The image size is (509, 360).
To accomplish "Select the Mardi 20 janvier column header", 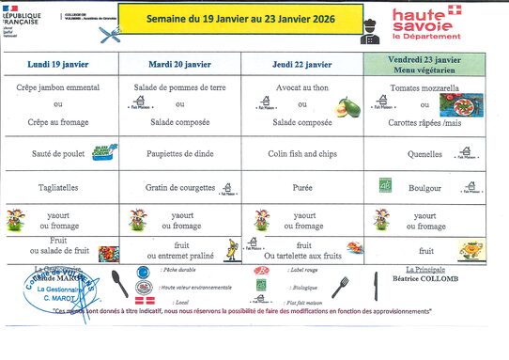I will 179,64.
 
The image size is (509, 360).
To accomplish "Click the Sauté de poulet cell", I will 58,153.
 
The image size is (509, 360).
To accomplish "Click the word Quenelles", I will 424,153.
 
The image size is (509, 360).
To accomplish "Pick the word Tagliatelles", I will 57,188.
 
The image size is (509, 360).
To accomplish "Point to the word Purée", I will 301,188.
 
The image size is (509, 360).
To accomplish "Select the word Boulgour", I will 424,188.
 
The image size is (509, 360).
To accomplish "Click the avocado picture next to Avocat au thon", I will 349,106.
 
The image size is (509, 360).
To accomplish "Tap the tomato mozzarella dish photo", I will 469,104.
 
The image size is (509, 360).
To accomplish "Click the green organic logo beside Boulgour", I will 384,185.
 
